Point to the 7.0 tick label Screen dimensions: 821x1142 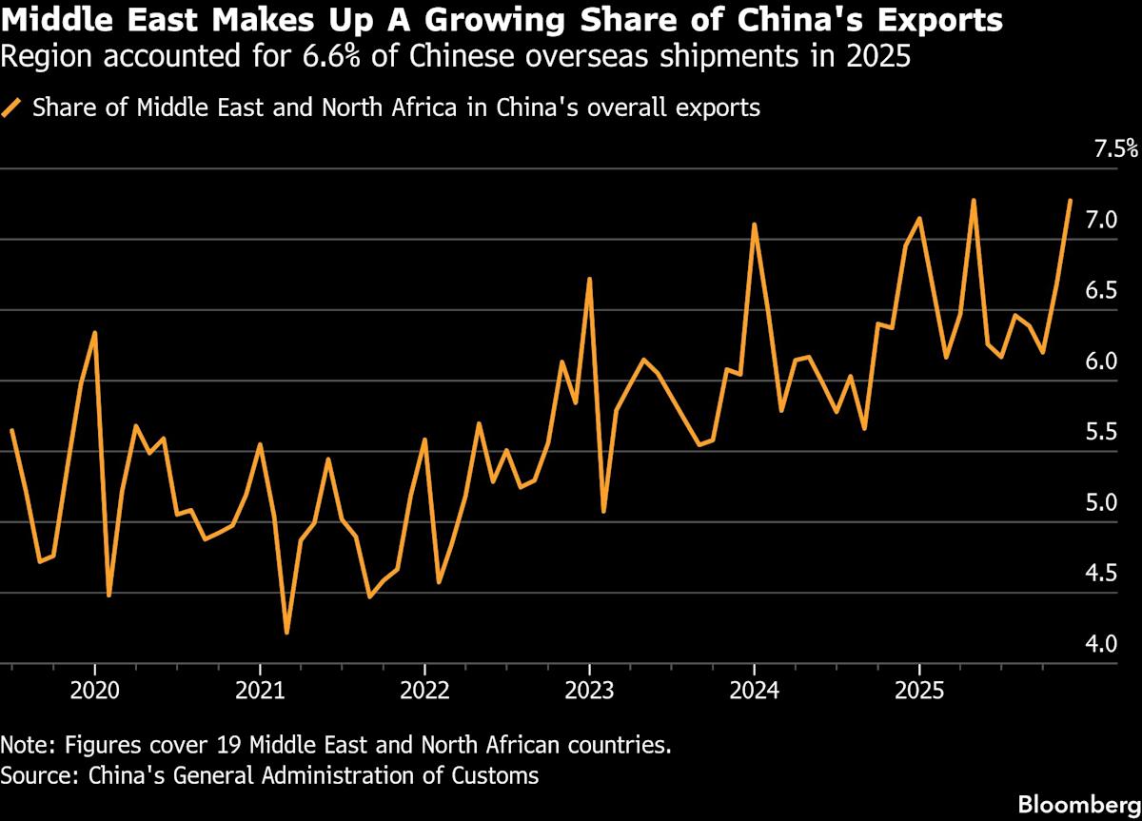click(1101, 220)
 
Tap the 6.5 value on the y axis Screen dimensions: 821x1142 click(1101, 290)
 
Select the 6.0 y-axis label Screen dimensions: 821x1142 click(1101, 362)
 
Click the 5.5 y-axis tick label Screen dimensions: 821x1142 click(1101, 432)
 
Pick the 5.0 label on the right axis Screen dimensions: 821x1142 click(1101, 502)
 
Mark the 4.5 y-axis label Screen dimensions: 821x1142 click(1101, 573)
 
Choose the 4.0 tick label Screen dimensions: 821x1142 click(1101, 644)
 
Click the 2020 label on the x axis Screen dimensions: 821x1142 click(94, 689)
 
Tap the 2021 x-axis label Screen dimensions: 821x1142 click(260, 689)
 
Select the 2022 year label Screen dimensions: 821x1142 click(424, 689)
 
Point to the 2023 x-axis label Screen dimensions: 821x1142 click(589, 689)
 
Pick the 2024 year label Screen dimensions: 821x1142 click(754, 689)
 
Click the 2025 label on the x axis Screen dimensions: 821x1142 click(919, 689)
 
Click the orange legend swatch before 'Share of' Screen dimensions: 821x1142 click(13, 108)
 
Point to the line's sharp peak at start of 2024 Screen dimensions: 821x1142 click(754, 225)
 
